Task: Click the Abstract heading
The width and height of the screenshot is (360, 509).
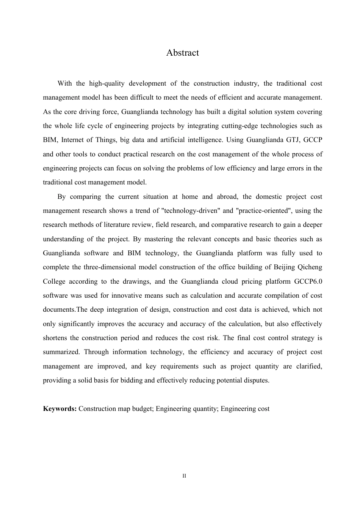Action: [182, 53]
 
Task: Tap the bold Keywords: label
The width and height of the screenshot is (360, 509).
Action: [60, 409]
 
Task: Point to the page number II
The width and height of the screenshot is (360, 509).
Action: [184, 476]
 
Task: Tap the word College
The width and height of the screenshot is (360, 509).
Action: [54, 281]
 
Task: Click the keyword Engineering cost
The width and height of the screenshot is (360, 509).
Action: [245, 409]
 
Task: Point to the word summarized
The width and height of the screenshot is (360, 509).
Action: [61, 352]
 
